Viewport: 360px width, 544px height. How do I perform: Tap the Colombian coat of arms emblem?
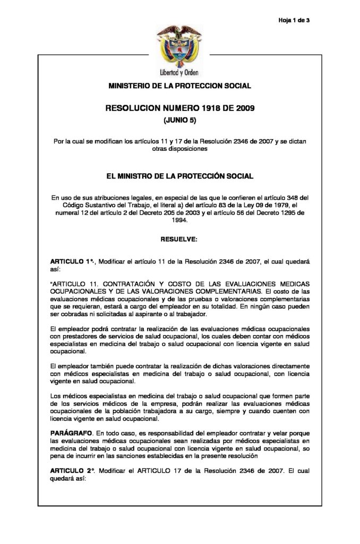179,48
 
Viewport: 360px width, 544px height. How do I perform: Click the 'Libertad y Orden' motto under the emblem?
179,73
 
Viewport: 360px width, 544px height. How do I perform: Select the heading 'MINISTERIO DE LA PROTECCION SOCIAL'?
179,86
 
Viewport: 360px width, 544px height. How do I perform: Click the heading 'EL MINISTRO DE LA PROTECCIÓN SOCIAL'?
179,175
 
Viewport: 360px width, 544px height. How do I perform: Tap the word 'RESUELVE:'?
179,240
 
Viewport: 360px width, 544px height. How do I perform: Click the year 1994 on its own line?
179,224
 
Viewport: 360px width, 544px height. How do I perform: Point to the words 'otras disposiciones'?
179,149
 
